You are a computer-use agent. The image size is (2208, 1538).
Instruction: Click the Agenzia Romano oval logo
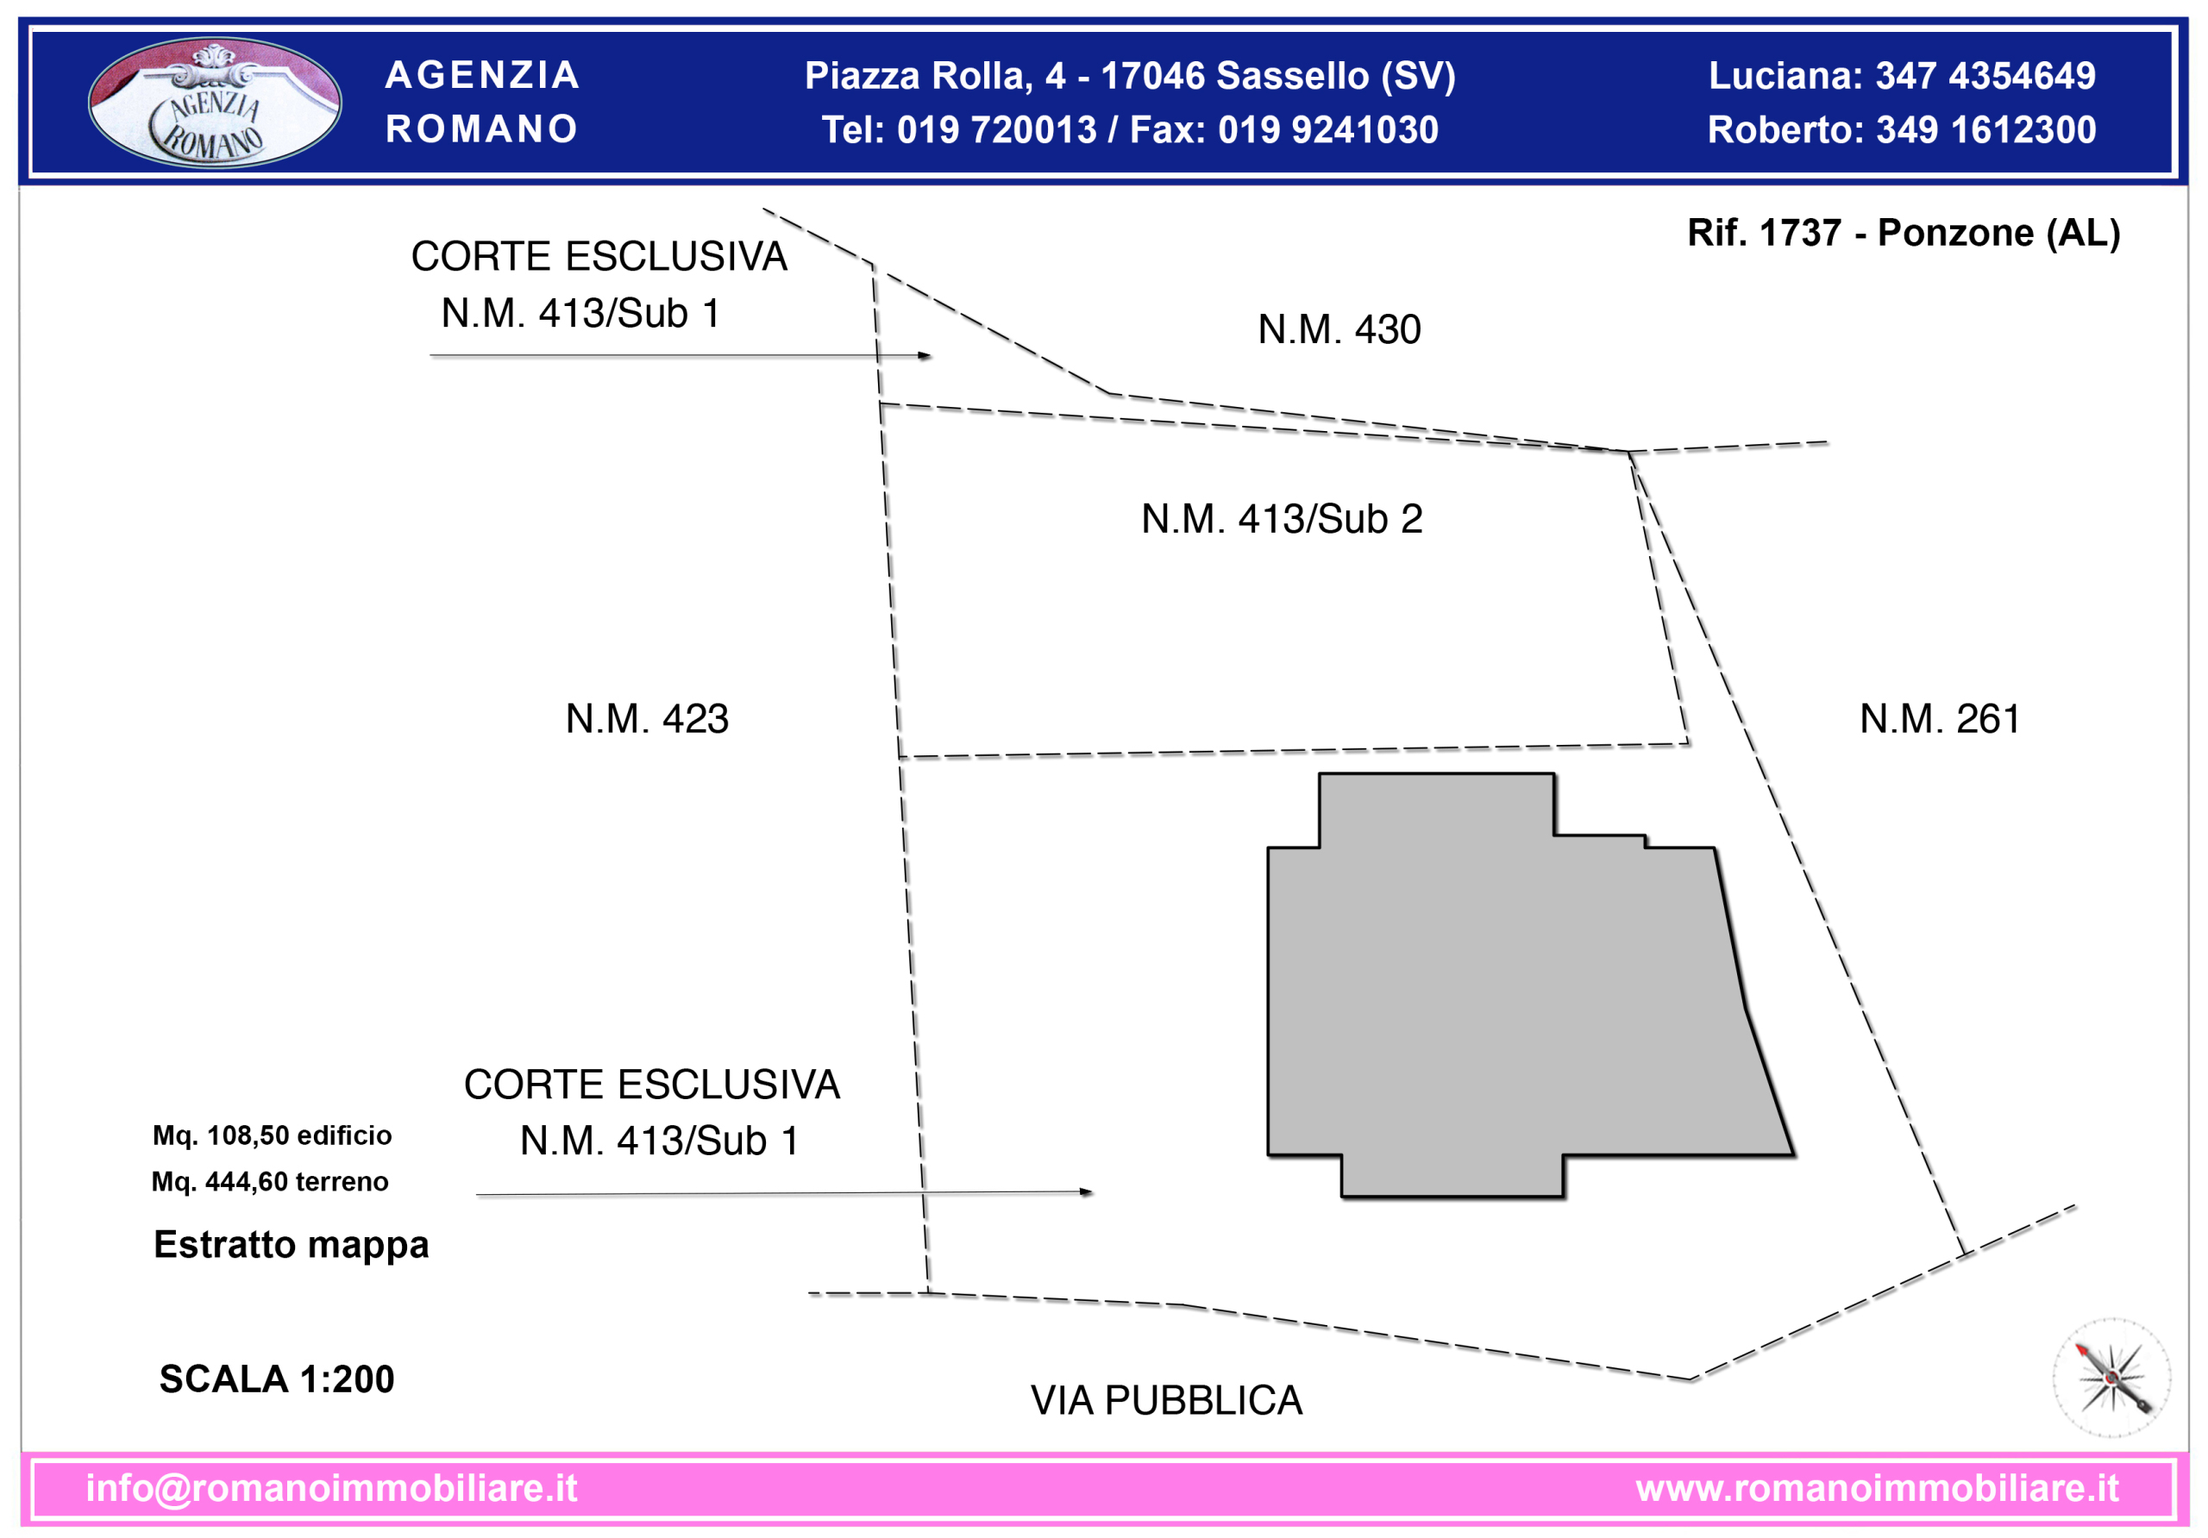click(215, 102)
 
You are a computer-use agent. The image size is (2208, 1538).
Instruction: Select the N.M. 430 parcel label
click(1339, 329)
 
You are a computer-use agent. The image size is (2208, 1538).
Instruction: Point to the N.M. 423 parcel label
click(647, 719)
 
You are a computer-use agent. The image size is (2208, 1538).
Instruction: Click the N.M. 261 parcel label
click(1940, 719)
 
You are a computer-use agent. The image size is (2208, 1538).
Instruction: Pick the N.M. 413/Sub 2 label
click(1282, 519)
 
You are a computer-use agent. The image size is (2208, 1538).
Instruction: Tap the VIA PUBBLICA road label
click(1166, 1401)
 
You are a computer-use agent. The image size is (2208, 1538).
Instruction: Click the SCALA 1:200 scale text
click(277, 1379)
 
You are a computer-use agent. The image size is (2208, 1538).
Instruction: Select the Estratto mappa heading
click(292, 1245)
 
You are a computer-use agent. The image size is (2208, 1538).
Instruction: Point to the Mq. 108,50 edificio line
click(273, 1135)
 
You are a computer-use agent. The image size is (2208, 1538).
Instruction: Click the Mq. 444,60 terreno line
click(270, 1181)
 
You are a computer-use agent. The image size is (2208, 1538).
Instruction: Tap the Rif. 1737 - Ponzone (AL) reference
click(1904, 233)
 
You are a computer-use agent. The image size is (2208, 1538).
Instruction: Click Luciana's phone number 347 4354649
click(1985, 76)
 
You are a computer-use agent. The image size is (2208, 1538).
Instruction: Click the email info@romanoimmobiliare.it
click(332, 1488)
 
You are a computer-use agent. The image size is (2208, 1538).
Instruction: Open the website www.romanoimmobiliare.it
click(1877, 1488)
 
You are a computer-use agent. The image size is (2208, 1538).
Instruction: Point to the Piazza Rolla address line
click(1130, 76)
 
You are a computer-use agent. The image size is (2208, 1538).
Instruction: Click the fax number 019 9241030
click(1328, 130)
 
